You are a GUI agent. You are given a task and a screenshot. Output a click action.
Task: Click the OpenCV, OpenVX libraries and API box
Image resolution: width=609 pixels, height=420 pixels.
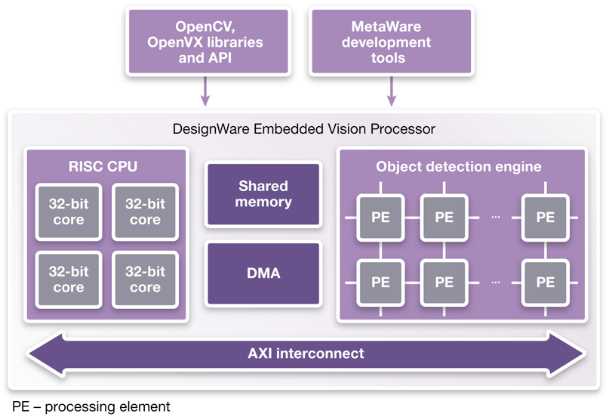(x=209, y=42)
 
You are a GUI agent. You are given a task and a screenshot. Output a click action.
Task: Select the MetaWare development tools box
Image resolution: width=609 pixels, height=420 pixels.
(x=391, y=42)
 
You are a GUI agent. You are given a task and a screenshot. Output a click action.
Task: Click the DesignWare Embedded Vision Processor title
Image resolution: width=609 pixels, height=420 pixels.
(x=303, y=128)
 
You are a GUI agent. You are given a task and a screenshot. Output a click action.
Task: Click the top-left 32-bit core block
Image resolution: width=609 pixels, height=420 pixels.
(x=69, y=212)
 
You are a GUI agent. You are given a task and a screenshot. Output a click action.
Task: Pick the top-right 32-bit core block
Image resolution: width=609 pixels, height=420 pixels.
(x=145, y=212)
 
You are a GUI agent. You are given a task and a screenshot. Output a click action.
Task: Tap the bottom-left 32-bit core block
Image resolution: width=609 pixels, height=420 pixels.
(x=69, y=279)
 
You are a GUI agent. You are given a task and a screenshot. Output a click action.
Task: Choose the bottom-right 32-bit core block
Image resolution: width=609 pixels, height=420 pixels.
(x=145, y=279)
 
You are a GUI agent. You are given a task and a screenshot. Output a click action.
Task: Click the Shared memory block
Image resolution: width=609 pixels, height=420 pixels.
(x=263, y=194)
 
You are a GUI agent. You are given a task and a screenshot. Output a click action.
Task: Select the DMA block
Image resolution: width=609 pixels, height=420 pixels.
(x=263, y=273)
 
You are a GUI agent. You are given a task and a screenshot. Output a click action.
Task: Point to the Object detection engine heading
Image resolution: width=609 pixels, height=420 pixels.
(x=459, y=166)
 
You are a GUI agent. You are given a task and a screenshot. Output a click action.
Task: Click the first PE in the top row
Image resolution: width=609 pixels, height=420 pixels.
(x=381, y=218)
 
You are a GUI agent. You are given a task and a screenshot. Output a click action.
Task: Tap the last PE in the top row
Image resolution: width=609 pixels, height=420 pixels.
(x=545, y=218)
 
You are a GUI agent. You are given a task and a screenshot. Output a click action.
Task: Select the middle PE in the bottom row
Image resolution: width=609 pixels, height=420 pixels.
(x=444, y=283)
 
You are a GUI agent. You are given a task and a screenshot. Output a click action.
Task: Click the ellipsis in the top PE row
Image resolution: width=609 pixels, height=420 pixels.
(x=495, y=218)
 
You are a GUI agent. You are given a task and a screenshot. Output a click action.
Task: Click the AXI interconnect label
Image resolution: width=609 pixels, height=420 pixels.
(x=306, y=353)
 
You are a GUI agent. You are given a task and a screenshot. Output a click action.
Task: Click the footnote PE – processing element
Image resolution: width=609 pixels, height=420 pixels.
(x=91, y=407)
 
